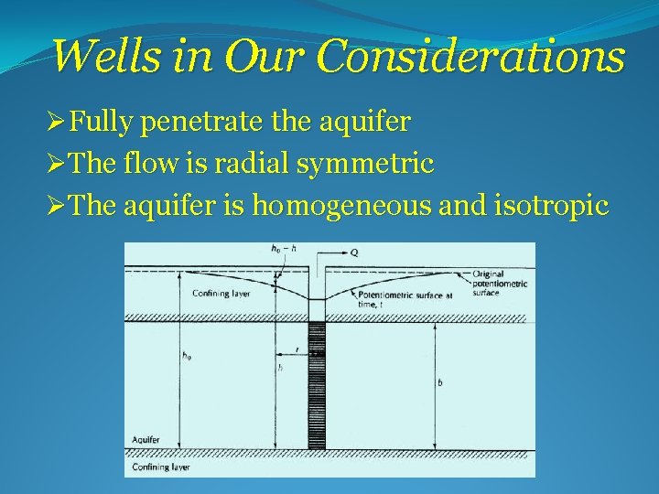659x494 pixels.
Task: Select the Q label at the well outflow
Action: tap(353, 251)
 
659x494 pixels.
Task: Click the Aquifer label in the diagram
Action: tap(145, 440)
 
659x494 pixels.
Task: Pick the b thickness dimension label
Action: tap(440, 383)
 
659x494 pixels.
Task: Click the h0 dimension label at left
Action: tap(187, 356)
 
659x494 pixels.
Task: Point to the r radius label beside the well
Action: tap(296, 349)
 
